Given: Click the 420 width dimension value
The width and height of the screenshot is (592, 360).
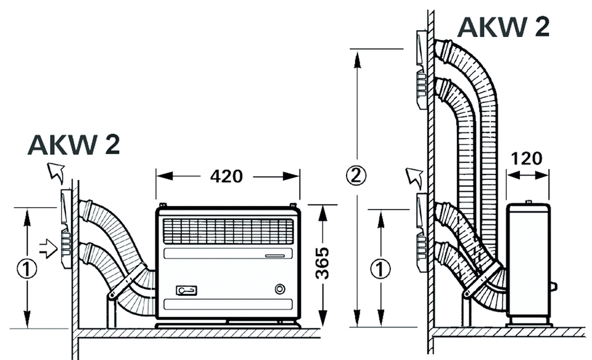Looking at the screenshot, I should coord(227,176).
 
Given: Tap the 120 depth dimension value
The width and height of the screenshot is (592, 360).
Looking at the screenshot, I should coord(527,158).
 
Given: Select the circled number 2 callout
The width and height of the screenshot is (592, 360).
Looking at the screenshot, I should coord(356,175).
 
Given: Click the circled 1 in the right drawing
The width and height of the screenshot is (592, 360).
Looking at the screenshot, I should coord(382,268).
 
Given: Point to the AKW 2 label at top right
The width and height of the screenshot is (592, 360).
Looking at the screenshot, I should coord(503,28).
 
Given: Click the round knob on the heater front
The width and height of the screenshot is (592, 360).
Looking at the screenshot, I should coord(281,288).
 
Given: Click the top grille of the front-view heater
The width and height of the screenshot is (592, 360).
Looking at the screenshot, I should coord(228,231).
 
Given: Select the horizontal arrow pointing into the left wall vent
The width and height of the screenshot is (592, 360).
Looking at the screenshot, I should coord(48,248).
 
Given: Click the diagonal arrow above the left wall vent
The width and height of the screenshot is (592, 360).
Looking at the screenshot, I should coord(57,173).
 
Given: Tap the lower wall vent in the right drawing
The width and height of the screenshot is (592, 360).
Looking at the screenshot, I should coord(421,232).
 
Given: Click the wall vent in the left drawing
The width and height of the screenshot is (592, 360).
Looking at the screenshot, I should coord(66,229).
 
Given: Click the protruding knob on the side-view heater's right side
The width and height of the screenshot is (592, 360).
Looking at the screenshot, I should coord(553,286).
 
